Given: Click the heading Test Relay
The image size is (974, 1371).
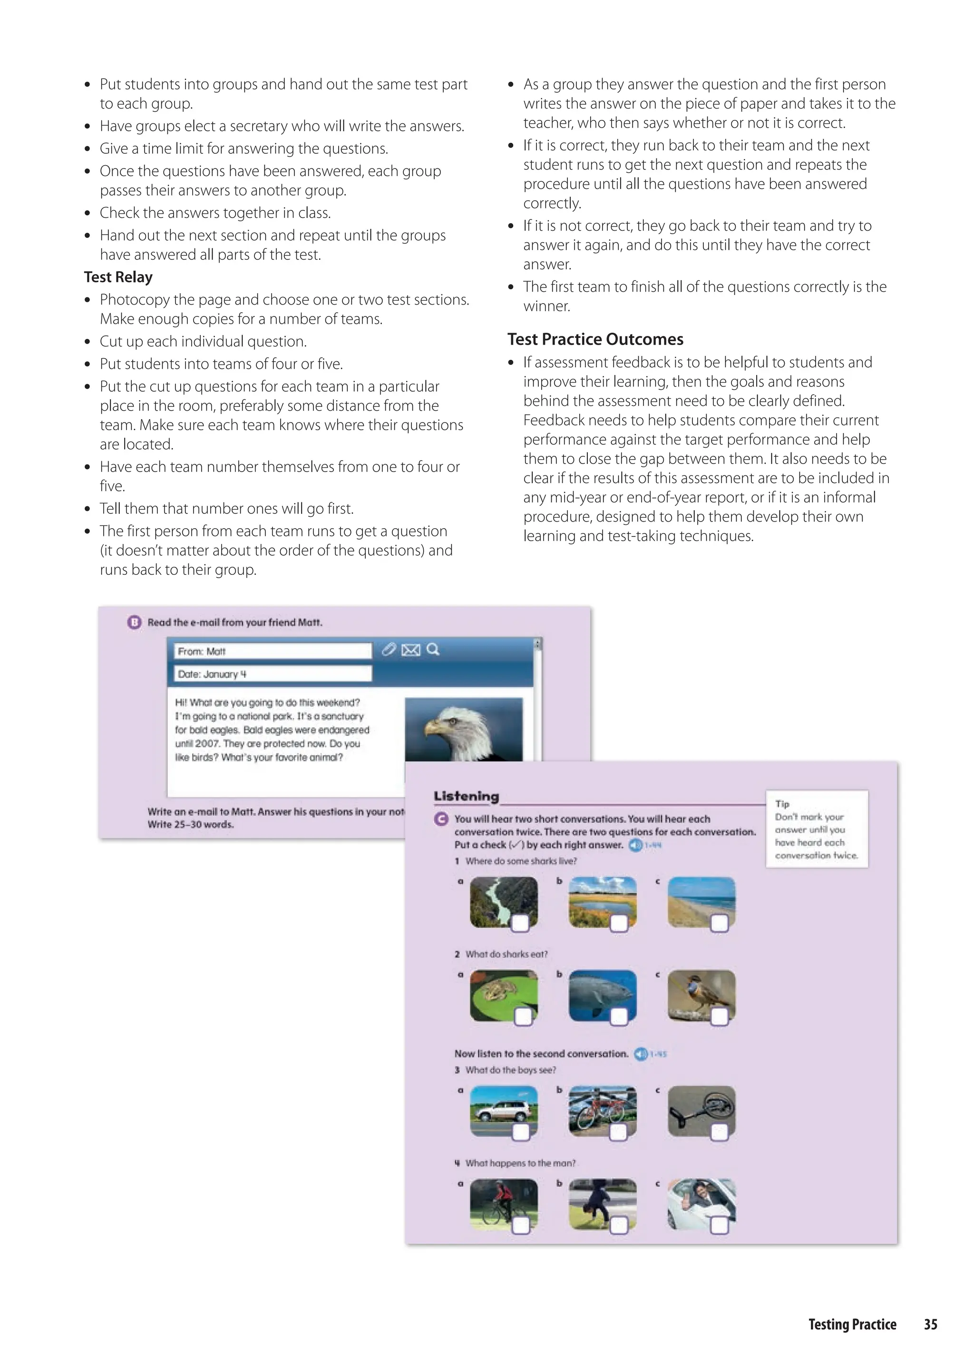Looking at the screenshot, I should (x=118, y=277).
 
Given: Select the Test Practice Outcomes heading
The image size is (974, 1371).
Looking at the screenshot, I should (x=595, y=340).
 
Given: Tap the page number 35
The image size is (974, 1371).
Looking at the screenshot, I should (x=930, y=1324).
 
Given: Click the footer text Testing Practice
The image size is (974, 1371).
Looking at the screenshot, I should (x=852, y=1324).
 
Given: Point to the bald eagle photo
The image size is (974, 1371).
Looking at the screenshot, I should (x=464, y=730).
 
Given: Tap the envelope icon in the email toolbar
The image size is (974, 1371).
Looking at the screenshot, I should (x=411, y=650).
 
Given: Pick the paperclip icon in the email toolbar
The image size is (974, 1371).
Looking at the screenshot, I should (x=389, y=649).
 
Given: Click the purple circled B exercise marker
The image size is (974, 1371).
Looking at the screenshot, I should (x=134, y=622).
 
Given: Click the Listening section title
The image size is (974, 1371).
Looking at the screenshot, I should (x=466, y=796).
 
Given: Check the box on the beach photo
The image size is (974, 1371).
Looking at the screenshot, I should (x=719, y=923).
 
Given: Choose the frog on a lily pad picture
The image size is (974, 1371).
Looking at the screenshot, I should (x=503, y=994).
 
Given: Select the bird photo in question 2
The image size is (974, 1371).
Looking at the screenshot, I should (x=701, y=994).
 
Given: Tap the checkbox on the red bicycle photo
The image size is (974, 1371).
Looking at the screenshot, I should (x=618, y=1132).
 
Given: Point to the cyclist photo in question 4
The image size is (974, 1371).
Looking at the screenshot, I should (x=503, y=1203).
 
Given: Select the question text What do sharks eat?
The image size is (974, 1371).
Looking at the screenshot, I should (x=506, y=954).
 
